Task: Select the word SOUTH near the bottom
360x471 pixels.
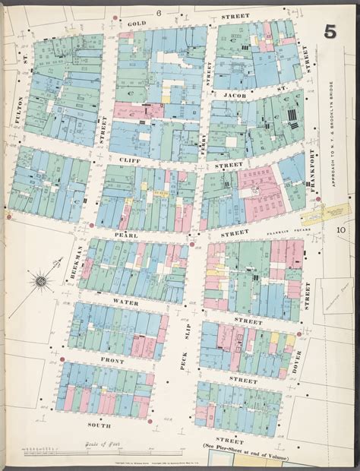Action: coord(100,425)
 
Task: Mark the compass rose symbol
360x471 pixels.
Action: coord(41,284)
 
